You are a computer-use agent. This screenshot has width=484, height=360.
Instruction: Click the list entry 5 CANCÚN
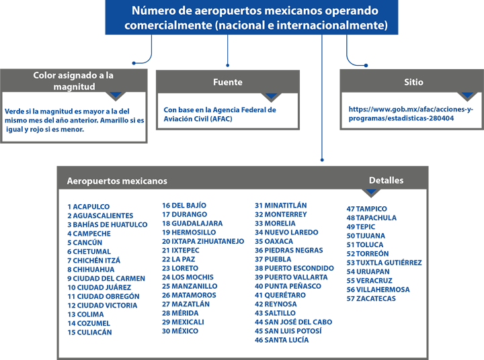point(85,242)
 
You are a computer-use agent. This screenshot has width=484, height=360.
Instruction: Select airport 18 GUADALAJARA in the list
point(192,224)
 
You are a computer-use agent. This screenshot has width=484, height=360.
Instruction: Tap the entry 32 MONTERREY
point(281,214)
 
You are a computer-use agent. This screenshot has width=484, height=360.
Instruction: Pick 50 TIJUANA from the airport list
point(366,236)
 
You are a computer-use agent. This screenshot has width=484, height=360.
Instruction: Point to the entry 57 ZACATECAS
point(371,299)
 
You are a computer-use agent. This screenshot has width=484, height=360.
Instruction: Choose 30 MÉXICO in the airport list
point(180,331)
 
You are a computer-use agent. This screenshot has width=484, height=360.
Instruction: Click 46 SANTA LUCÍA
point(282,340)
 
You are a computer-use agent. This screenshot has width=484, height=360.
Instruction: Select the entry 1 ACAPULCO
point(89,207)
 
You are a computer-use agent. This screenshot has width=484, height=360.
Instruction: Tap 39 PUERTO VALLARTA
point(291,277)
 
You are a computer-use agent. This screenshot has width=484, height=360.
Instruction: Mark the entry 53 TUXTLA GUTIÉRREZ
point(384,263)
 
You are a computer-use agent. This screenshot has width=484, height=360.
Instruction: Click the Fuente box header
point(228,82)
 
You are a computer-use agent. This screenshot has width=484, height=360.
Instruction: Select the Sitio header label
point(413,82)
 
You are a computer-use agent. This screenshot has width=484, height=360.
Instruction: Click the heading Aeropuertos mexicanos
point(117,181)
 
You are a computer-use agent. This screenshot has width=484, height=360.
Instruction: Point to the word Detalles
point(386,180)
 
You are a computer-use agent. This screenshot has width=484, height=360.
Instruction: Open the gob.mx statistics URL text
point(411,114)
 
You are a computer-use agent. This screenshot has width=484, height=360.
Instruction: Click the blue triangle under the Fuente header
point(271,95)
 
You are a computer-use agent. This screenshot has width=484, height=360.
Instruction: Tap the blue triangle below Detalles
point(371,191)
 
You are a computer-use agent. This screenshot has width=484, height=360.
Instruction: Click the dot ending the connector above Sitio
point(366,65)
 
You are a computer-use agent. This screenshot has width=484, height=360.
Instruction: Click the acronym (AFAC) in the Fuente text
point(220,119)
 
